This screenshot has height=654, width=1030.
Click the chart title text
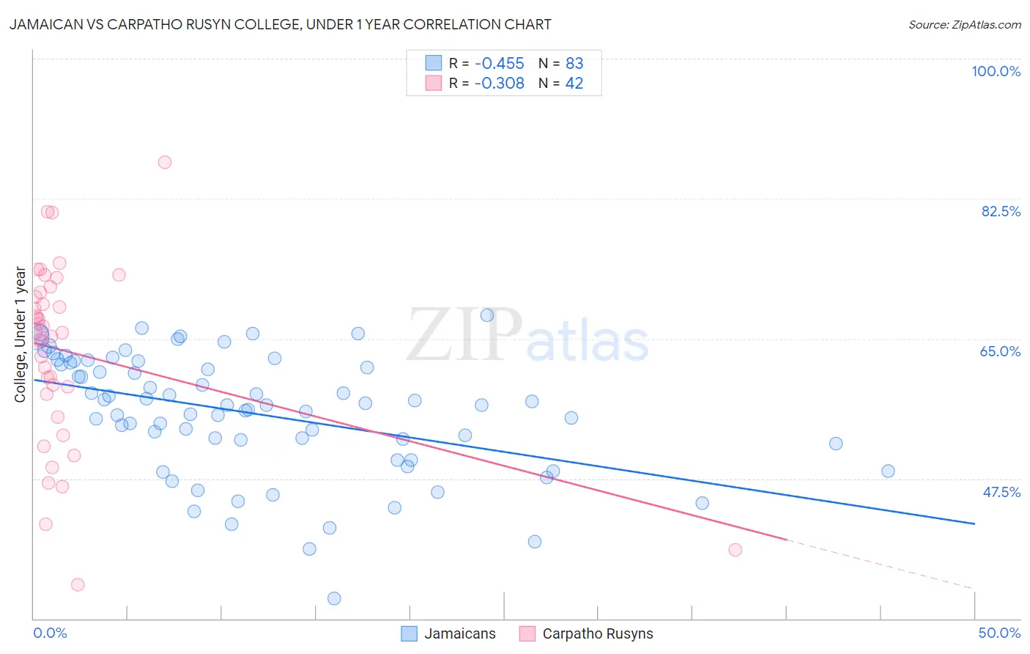[x=281, y=24]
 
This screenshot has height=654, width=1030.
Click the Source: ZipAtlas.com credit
[x=964, y=24]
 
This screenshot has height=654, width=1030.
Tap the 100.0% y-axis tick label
[x=996, y=71]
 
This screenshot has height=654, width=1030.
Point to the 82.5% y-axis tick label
[x=1000, y=211]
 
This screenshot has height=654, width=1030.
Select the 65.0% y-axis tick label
[x=1000, y=351]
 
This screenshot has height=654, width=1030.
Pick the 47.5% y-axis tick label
[x=1001, y=492]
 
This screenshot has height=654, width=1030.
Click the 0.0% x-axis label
[x=50, y=633]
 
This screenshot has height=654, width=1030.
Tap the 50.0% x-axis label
[x=998, y=633]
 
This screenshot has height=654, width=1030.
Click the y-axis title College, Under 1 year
[x=21, y=334]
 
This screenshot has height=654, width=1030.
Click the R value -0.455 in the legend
[x=499, y=63]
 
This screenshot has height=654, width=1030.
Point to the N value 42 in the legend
[x=574, y=84]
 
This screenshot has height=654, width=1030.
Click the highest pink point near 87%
[x=165, y=162]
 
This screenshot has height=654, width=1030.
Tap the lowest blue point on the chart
[x=334, y=598]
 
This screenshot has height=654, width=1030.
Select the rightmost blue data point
[x=888, y=471]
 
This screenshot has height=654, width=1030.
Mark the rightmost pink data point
[x=736, y=550]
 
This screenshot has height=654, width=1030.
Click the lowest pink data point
[x=78, y=584]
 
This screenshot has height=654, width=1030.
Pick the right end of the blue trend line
[x=974, y=523]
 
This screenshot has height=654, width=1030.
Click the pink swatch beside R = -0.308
[x=434, y=84]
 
